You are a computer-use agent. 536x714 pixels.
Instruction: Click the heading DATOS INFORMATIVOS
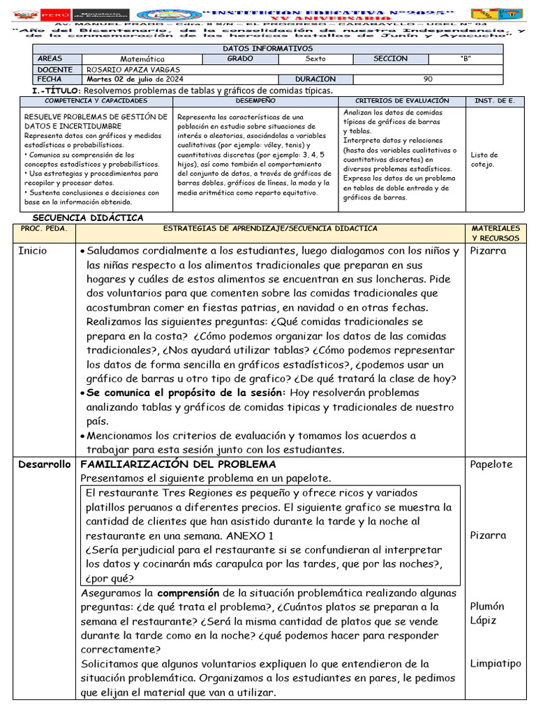click(x=267, y=48)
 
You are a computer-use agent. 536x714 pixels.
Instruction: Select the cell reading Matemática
click(x=142, y=59)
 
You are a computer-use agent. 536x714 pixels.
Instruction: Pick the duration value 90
click(x=428, y=79)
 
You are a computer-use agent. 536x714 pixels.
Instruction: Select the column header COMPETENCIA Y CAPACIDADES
click(x=96, y=101)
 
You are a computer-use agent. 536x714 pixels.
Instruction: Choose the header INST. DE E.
click(x=494, y=101)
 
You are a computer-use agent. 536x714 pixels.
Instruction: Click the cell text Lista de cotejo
click(x=484, y=160)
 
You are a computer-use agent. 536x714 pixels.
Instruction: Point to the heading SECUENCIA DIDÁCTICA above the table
click(x=88, y=218)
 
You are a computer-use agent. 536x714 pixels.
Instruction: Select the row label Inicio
click(x=33, y=251)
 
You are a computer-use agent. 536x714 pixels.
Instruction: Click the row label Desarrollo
click(x=45, y=464)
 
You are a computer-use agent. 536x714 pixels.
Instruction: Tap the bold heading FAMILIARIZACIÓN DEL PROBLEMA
click(x=179, y=464)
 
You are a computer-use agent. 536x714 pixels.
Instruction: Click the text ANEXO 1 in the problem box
click(x=249, y=535)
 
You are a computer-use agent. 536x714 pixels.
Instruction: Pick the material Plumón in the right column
click(x=487, y=606)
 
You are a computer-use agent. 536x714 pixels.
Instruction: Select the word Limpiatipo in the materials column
click(x=496, y=663)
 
